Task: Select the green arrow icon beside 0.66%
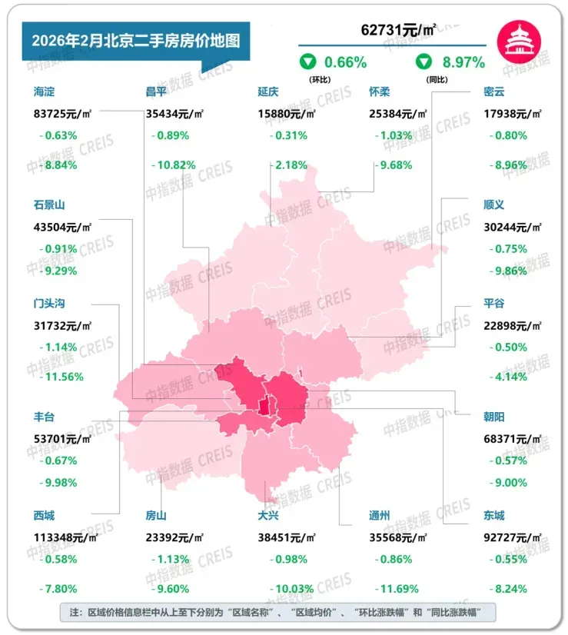tap(307, 62)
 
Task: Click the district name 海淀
tap(45, 91)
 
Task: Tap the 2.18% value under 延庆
tap(291, 165)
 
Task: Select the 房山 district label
tap(156, 515)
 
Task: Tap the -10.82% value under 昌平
tap(174, 165)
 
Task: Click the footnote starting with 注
tap(277, 613)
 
